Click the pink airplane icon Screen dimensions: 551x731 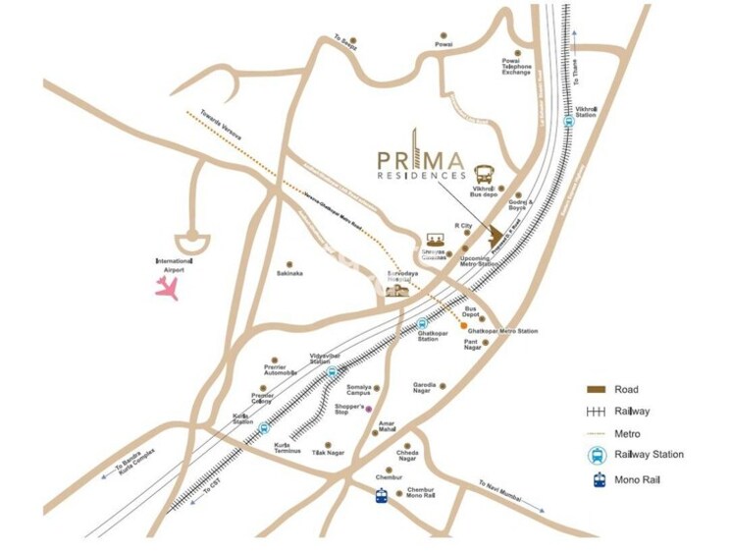tap(168, 287)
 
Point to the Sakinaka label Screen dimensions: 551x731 tap(289, 273)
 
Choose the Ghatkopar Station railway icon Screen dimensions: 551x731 tap(423, 322)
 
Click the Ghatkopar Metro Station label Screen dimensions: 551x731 tap(502, 332)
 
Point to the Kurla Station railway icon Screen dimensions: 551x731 tap(263, 428)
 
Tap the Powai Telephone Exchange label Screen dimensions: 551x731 tap(516, 67)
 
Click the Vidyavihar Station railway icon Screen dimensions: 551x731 tap(332, 371)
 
